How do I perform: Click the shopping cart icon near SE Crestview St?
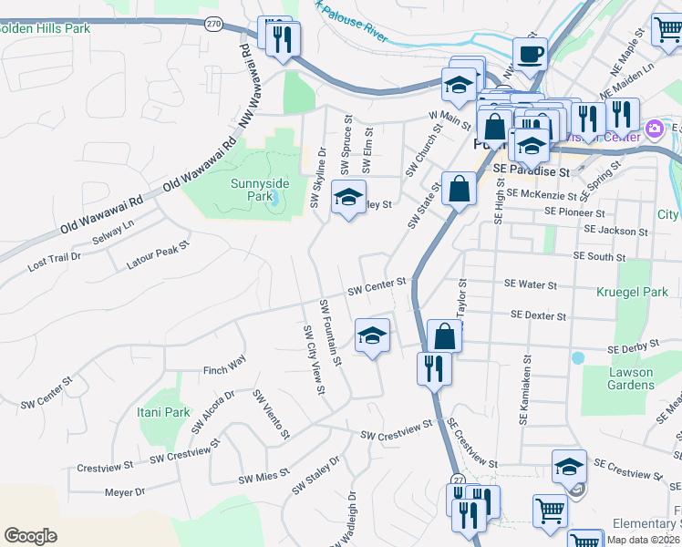tap(550, 511)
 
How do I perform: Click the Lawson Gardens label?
tap(632, 378)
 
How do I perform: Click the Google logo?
tap(30, 536)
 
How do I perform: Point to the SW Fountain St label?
tap(330, 332)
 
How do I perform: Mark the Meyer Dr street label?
tap(125, 492)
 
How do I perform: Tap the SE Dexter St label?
tap(539, 315)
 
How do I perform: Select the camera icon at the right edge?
tap(654, 129)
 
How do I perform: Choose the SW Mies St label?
tap(263, 477)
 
